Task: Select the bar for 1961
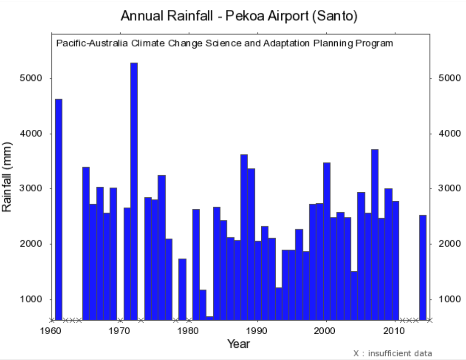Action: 59,209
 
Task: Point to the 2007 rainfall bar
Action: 375,235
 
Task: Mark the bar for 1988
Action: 244,237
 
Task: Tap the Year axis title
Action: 238,344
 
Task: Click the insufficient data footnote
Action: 393,353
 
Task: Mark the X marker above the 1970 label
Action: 120,320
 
